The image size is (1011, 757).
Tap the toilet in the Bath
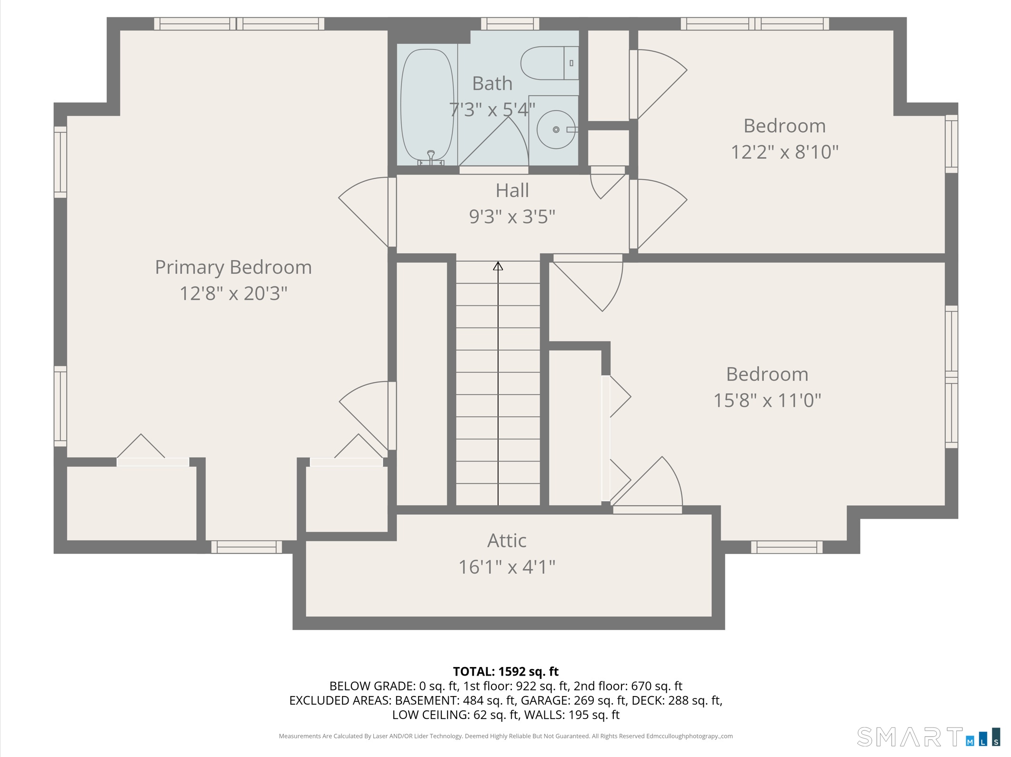(548, 63)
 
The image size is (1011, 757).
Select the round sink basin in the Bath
(555, 129)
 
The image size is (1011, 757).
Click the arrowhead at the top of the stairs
(498, 266)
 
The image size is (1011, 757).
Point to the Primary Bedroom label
(233, 267)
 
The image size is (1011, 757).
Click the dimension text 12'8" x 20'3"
(233, 293)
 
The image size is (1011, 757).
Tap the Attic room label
(507, 541)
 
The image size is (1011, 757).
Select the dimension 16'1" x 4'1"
(507, 567)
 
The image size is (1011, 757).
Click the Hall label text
(512, 190)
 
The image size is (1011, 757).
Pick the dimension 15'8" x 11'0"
(767, 400)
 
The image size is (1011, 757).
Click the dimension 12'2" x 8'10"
(784, 152)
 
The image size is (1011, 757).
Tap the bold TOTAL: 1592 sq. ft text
(505, 671)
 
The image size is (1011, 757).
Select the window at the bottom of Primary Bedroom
(246, 547)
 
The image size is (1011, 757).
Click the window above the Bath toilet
(510, 23)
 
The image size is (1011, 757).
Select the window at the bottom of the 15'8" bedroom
(786, 547)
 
